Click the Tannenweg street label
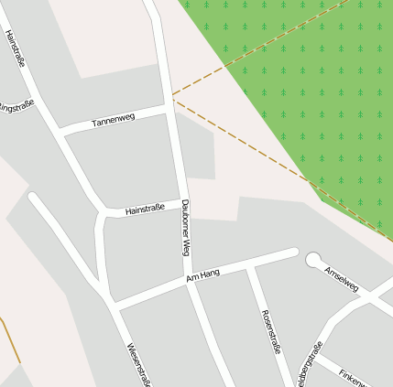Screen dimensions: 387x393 113,120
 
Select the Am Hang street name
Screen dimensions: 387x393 202,274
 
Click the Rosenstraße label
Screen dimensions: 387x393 270,334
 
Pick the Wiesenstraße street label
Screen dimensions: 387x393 137,364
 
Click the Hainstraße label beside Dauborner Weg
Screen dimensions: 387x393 145,210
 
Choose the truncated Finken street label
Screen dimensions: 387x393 353,376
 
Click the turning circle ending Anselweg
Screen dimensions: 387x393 313,260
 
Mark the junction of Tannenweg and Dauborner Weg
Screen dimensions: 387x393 171,107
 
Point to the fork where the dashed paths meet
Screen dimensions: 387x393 172,97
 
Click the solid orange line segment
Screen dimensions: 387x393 10,339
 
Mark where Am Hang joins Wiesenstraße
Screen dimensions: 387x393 113,302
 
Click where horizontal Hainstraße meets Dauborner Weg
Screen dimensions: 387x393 178,208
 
